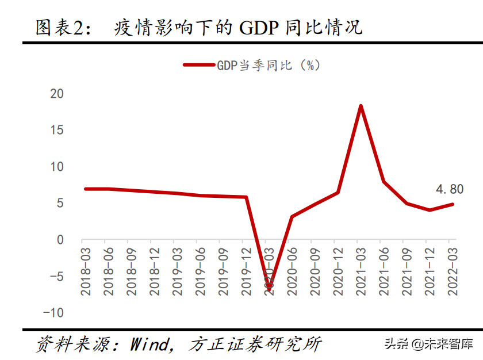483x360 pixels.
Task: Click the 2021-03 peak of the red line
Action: coord(361,106)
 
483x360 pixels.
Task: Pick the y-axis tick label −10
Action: coord(53,313)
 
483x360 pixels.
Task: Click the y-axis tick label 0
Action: coord(60,240)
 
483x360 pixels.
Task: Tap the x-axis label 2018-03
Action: coord(86,271)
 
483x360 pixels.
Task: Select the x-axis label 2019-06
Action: coord(200,271)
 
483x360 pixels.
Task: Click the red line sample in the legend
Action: coord(198,66)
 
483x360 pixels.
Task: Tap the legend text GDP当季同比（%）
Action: coord(268,66)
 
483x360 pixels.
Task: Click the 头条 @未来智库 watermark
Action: coord(428,344)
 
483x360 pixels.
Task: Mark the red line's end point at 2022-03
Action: coord(453,204)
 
